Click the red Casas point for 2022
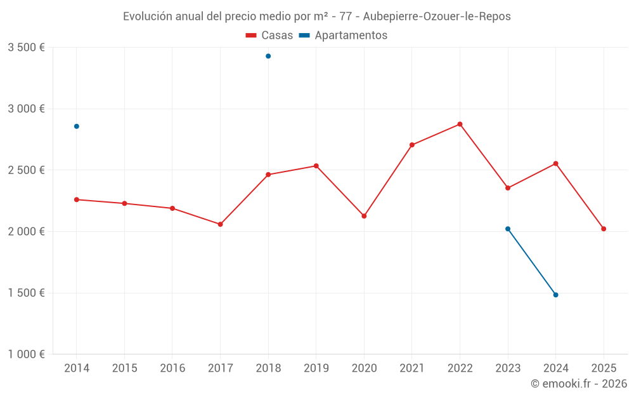460,124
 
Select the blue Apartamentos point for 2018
268,56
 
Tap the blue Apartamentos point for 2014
77,126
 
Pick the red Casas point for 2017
220,224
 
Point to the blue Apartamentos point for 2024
555,295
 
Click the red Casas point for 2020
364,216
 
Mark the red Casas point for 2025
604,229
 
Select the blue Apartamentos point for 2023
508,229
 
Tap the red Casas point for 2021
412,145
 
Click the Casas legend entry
269,36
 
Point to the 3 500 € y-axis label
26,48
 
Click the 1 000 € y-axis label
26,354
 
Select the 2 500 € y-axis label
26,170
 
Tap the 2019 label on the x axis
316,368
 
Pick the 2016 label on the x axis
172,368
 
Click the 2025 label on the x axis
604,368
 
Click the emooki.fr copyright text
578,384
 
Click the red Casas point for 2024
555,163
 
